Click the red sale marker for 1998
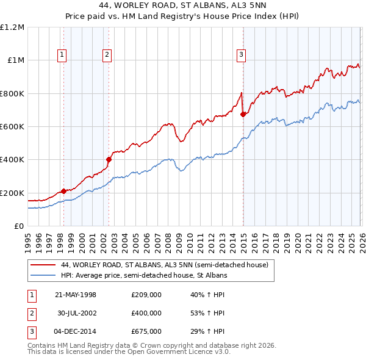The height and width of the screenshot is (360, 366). [x=64, y=191]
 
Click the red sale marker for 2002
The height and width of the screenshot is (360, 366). [x=109, y=160]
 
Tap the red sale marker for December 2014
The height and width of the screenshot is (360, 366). [x=243, y=114]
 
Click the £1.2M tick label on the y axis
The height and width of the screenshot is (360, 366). [x=12, y=27]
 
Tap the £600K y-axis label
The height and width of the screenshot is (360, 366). [x=12, y=127]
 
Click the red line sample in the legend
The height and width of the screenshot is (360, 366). [x=43, y=265]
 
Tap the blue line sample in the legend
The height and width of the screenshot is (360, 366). [x=43, y=275]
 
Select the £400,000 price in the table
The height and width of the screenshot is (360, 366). [x=146, y=313]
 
